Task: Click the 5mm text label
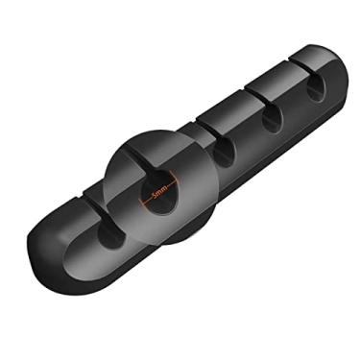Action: coord(158,193)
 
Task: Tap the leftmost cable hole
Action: coord(111,236)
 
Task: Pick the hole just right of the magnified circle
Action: coord(224,152)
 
